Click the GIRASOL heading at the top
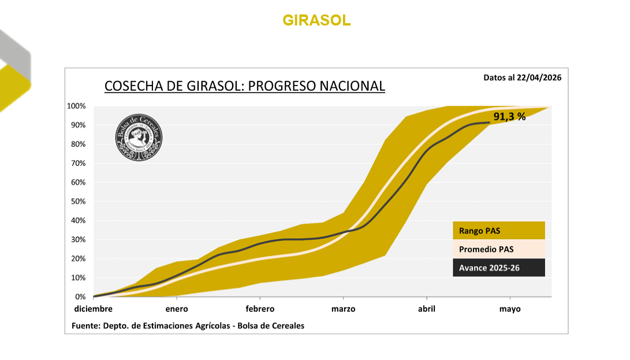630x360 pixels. (316, 20)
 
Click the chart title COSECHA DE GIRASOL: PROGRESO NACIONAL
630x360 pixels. (244, 86)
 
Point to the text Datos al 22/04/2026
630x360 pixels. (522, 77)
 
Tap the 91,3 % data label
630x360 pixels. (509, 117)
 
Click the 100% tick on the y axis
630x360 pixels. (76, 106)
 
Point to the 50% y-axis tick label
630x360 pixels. (78, 202)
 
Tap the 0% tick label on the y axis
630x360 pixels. (80, 297)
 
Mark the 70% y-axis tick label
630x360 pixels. (78, 164)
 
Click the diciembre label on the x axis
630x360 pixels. (93, 309)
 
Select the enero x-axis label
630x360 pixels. (177, 309)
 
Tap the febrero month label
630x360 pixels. (259, 309)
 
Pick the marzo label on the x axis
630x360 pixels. (343, 309)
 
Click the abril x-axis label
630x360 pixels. (426, 309)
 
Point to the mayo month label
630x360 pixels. (510, 309)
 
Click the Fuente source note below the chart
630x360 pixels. (188, 325)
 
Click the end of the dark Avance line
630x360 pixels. (489, 123)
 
